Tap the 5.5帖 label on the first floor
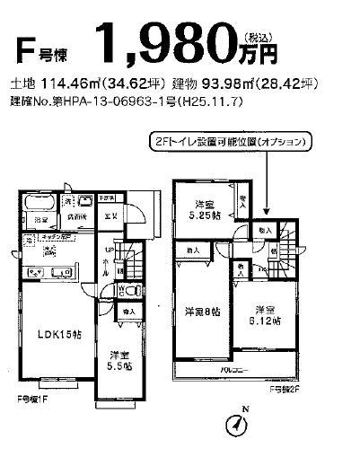(118, 361)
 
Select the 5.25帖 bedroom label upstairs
(206, 209)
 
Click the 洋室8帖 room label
(203, 312)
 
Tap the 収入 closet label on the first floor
(129, 312)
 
